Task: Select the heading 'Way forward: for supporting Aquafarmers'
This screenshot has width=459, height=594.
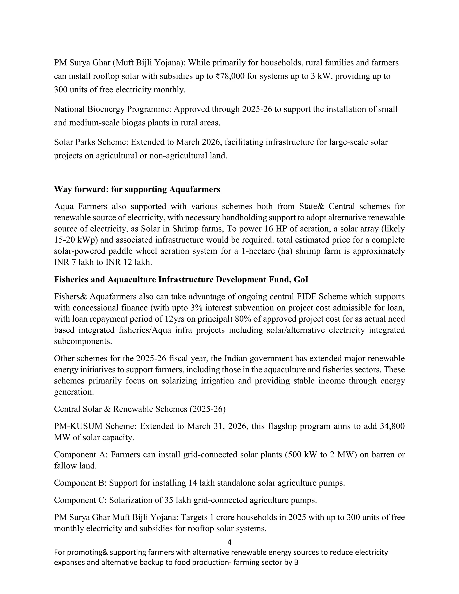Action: coord(137,189)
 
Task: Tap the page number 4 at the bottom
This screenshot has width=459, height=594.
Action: coord(229,542)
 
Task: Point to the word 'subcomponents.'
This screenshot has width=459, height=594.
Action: coord(83,341)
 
